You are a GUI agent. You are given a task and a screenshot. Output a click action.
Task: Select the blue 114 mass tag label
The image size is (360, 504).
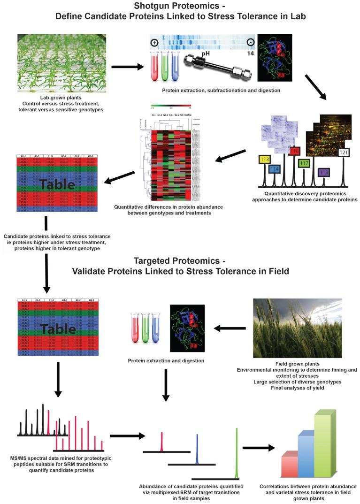[276, 168]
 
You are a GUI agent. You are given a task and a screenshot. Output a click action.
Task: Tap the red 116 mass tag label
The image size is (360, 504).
[295, 151]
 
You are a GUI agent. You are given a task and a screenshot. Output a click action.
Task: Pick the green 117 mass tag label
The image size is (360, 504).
[304, 163]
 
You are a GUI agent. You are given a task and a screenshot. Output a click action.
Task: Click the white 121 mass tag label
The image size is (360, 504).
[344, 153]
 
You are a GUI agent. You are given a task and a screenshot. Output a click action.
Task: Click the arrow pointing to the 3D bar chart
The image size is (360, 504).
[258, 448]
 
